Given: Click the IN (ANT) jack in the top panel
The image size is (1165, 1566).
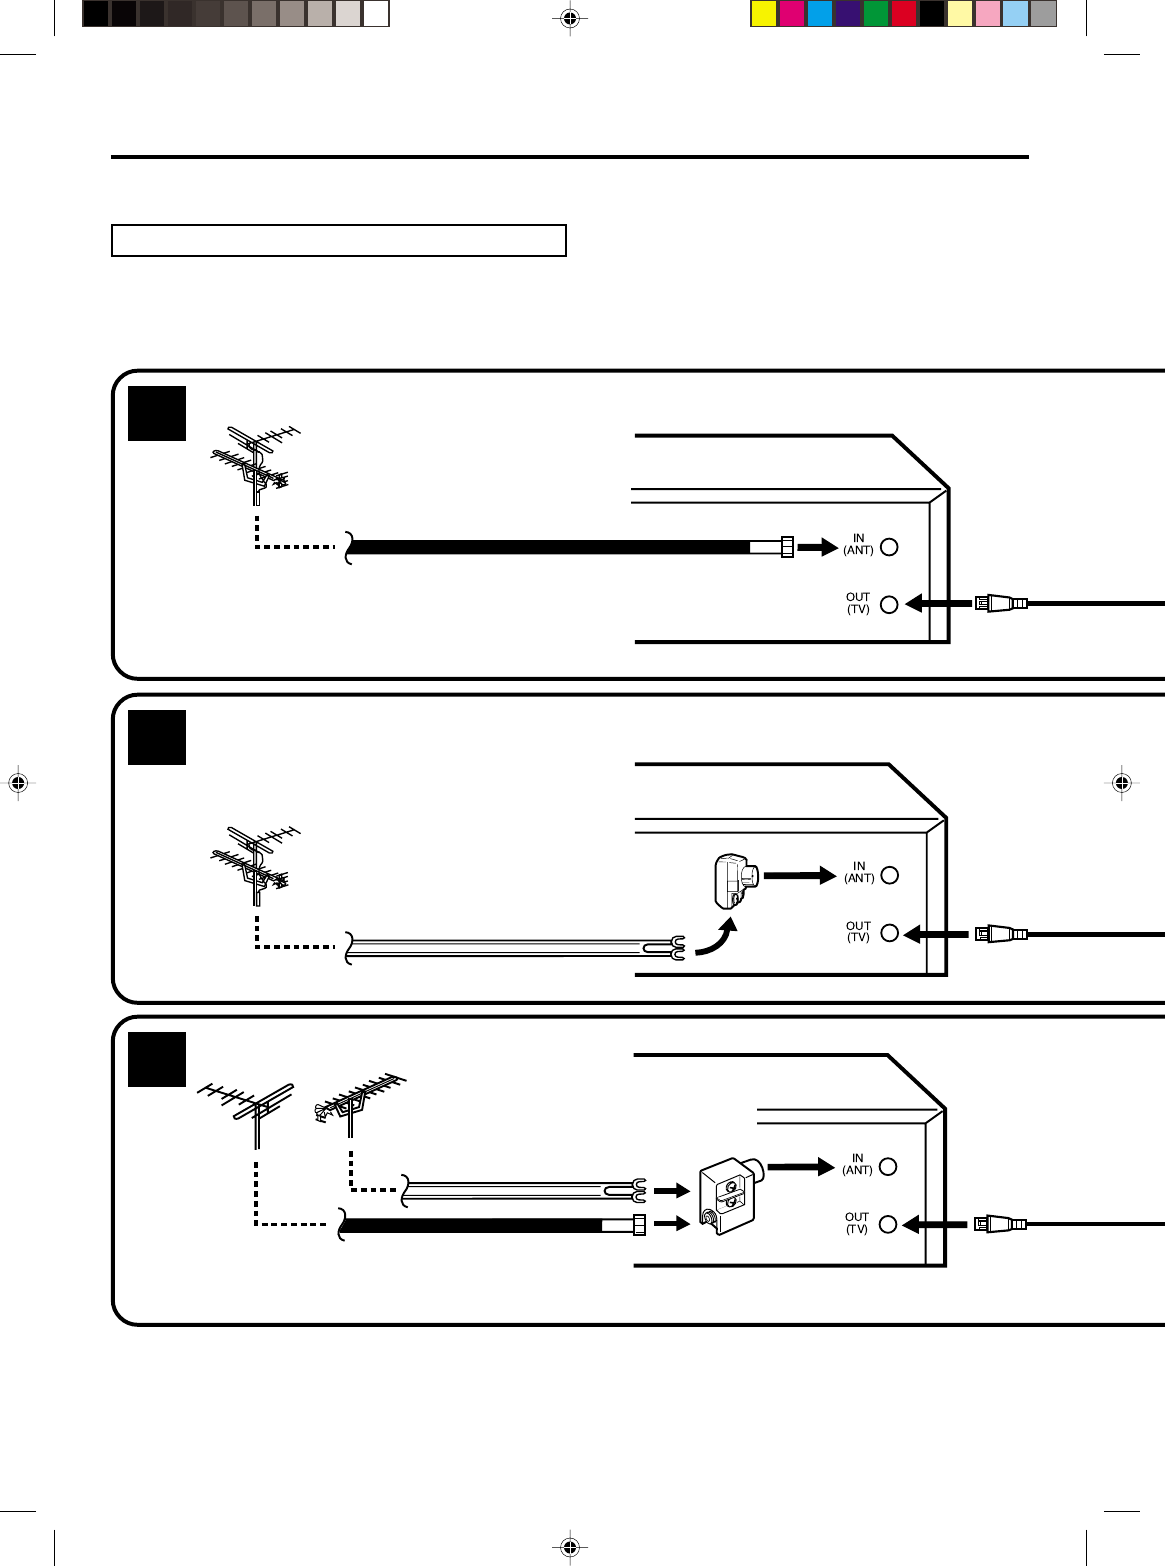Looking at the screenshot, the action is pos(889,547).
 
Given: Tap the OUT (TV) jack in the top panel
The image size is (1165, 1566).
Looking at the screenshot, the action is pos(889,604).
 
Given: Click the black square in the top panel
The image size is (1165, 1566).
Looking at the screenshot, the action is pos(157,413).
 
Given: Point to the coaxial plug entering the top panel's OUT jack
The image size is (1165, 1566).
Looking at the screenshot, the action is pos(1000,603).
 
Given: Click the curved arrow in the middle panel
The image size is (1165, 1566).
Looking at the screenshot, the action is pos(717,939).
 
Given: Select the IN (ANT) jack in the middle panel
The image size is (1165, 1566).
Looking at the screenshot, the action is pos(889,875).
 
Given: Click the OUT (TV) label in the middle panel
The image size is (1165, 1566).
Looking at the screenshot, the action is pos(858,932).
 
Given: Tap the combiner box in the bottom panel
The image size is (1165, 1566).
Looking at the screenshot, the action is pos(728,1196).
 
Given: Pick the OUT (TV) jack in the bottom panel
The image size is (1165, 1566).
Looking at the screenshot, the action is pos(887,1224).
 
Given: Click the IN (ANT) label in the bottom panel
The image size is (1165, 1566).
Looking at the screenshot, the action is pos(857,1164).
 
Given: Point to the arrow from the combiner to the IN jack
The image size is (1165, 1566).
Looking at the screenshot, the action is pos(801,1166).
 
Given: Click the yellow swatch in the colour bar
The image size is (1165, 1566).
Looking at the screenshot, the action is pos(764,14).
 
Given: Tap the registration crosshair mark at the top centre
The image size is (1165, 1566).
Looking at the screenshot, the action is pos(569,18).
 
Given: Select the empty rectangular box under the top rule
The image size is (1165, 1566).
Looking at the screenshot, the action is pos(339,241).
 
